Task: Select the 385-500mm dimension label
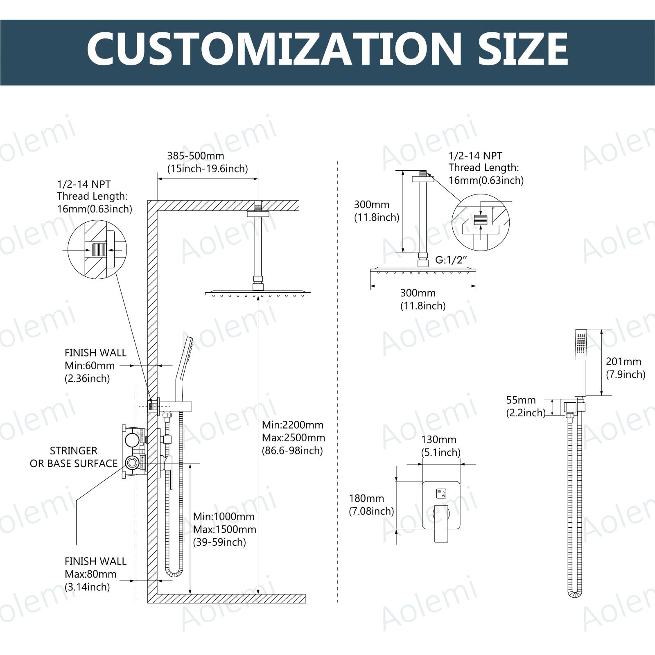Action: tap(208, 162)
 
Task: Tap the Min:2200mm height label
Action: tap(294, 438)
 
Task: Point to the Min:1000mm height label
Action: tap(225, 529)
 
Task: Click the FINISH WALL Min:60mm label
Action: tap(95, 366)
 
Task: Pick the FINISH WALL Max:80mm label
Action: tap(95, 574)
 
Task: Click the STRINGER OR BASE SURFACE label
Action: tap(74, 457)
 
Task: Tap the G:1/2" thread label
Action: tap(451, 260)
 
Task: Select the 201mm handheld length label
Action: tap(626, 368)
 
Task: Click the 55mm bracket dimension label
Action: tap(526, 406)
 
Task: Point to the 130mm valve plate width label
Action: tap(440, 446)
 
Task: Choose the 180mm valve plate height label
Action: tap(371, 504)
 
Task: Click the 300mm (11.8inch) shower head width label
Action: tap(423, 299)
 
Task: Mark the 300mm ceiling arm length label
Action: tap(377, 211)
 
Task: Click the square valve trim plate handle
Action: tap(441, 523)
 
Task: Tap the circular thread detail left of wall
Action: tap(97, 250)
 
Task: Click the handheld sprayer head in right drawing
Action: tap(580, 362)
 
